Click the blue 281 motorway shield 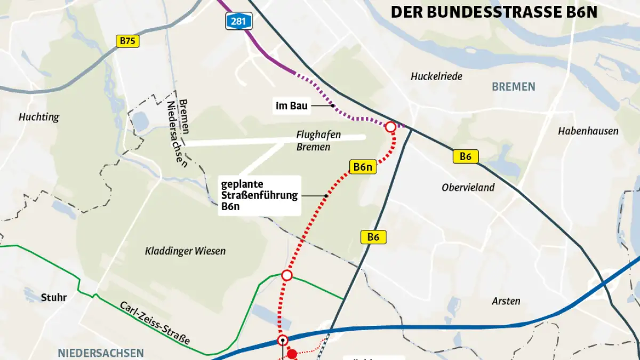click(x=238, y=21)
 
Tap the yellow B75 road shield click(x=127, y=41)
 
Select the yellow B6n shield click(x=363, y=167)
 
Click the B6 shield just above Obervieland click(x=466, y=156)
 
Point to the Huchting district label click(x=38, y=117)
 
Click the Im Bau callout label click(x=292, y=106)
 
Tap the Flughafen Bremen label click(x=318, y=141)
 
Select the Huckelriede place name click(x=436, y=76)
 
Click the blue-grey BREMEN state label click(x=513, y=86)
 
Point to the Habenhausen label click(x=588, y=131)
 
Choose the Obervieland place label click(x=468, y=187)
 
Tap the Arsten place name click(x=506, y=301)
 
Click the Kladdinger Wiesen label click(x=185, y=251)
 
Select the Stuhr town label click(x=54, y=297)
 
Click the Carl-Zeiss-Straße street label click(x=155, y=323)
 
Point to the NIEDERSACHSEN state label click(x=101, y=353)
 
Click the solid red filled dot click(x=292, y=354)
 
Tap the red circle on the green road click(x=287, y=275)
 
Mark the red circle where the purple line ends click(x=390, y=127)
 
